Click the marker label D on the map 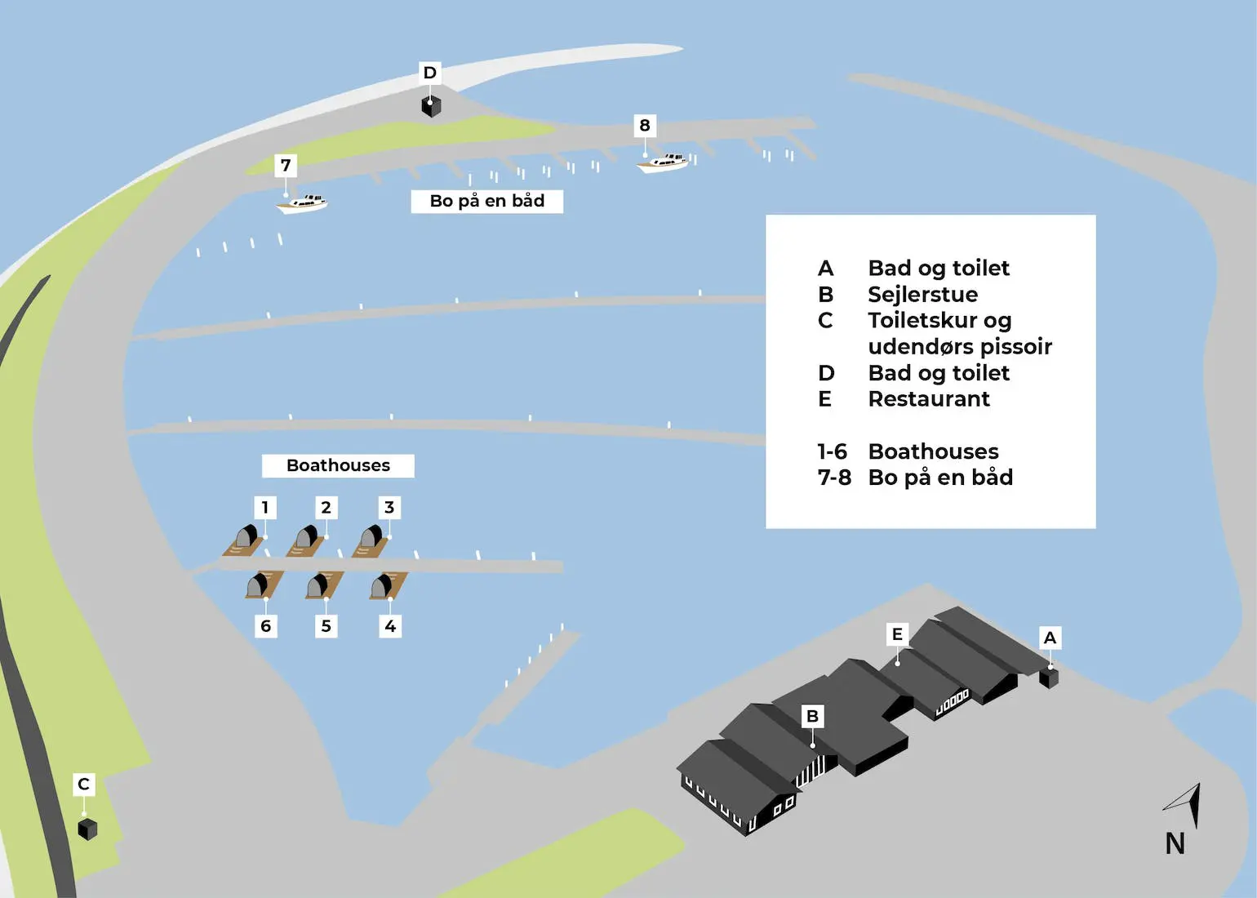429,73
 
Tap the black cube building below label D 431,106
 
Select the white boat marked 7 303,202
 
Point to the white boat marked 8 663,162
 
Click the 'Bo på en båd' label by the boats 486,201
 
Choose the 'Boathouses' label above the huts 338,465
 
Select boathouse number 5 319,585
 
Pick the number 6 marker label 265,626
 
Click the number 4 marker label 390,626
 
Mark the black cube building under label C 87,829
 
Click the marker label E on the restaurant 897,634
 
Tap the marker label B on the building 812,716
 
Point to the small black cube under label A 1049,678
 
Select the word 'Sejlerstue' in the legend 922,294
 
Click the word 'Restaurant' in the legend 929,398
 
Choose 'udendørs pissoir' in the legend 960,346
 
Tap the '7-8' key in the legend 834,477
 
